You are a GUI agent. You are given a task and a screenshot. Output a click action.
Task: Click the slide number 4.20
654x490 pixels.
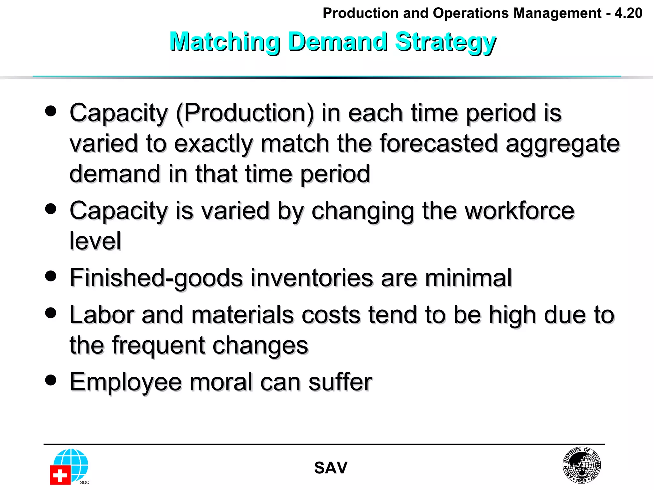[628, 13]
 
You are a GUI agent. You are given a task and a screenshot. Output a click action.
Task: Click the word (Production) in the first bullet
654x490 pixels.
[245, 113]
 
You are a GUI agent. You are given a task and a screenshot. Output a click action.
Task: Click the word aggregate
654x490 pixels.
[563, 144]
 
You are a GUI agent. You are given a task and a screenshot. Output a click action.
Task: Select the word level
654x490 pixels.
[95, 241]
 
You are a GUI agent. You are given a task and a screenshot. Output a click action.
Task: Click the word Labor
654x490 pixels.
[102, 315]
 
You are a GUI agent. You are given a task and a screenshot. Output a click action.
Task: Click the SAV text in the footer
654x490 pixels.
[331, 468]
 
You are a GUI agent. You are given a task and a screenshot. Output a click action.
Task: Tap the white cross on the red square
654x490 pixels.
[60, 475]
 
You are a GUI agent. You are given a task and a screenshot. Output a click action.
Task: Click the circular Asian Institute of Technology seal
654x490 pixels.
[582, 465]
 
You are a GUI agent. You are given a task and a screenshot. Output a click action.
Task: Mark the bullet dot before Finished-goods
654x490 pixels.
[51, 276]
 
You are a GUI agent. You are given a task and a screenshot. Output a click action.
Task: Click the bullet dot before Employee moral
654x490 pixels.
[51, 380]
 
